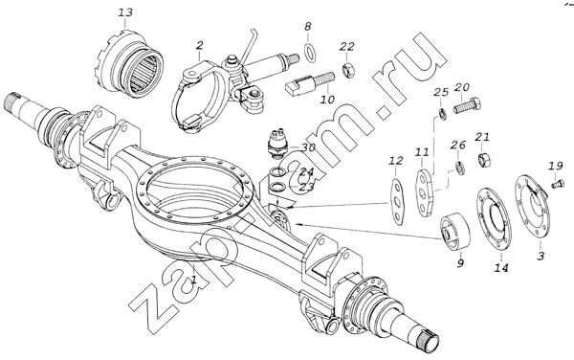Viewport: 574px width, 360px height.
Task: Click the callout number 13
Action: click(x=125, y=12)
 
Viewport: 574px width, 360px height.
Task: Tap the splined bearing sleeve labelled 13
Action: click(x=131, y=64)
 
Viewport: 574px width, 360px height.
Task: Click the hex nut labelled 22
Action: click(x=347, y=69)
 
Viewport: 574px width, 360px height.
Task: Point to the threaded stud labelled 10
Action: click(x=309, y=84)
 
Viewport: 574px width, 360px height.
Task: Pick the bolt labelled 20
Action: click(x=467, y=105)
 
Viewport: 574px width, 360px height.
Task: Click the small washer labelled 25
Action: click(x=442, y=115)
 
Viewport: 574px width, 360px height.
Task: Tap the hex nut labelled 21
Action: click(x=484, y=160)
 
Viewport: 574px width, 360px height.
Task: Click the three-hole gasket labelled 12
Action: click(x=396, y=200)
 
